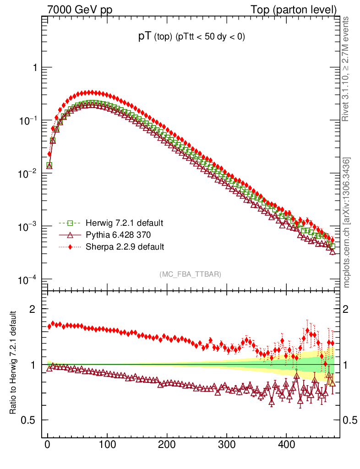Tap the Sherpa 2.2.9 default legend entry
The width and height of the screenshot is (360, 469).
click(125, 247)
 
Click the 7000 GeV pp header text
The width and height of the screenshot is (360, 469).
click(80, 9)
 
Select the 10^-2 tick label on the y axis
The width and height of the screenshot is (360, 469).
click(28, 174)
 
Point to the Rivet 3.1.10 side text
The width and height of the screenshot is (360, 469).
click(346, 69)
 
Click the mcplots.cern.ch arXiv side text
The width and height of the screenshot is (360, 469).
click(346, 223)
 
